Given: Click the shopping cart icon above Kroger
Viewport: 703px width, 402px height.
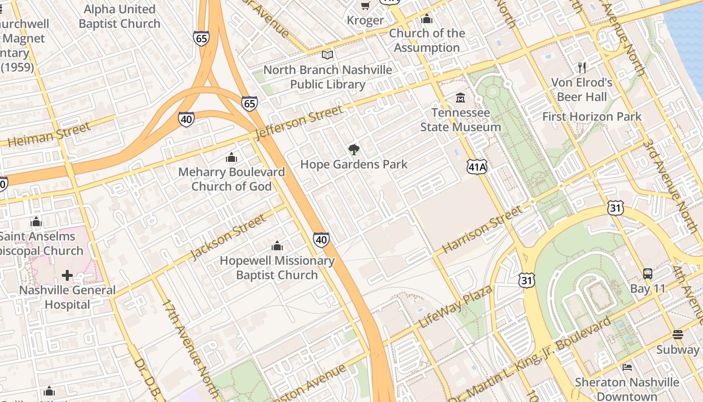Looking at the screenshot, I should (x=365, y=6).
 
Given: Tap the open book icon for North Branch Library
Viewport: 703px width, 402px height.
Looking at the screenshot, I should (x=327, y=55).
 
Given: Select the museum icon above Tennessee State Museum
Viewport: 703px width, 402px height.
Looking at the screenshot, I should (x=460, y=97).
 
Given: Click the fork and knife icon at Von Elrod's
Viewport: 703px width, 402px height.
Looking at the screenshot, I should (x=582, y=67).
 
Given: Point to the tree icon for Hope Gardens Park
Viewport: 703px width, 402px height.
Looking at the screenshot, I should (x=354, y=149).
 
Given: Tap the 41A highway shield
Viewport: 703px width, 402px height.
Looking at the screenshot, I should (x=477, y=167).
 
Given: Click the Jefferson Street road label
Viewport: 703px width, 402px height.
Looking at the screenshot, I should (x=300, y=122).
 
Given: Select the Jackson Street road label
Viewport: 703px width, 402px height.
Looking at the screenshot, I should (x=228, y=237).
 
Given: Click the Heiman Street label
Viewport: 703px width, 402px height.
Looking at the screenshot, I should (x=49, y=135).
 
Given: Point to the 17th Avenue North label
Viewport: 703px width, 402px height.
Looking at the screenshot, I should (x=189, y=347).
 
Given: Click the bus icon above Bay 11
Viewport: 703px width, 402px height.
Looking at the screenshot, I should (x=648, y=274).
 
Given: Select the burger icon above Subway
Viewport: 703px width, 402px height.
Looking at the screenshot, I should (x=677, y=335).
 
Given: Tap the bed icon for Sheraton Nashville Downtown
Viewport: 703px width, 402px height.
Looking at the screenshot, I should (x=627, y=367).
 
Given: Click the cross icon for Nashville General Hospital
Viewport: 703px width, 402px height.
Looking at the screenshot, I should (x=67, y=275).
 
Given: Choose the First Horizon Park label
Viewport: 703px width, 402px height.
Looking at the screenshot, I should (x=592, y=117).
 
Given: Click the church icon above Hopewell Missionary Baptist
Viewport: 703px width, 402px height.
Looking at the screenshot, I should (x=277, y=246).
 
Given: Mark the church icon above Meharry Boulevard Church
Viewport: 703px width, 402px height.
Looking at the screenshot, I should (x=231, y=157).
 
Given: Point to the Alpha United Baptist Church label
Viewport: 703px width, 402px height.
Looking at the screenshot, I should (x=120, y=17).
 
